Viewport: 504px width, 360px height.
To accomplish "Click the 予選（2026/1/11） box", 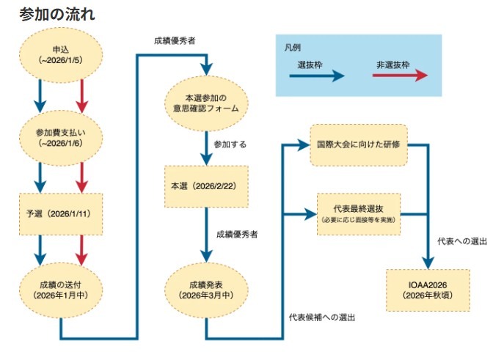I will coord(62,214).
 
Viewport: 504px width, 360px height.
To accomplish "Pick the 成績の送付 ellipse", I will coord(62,289).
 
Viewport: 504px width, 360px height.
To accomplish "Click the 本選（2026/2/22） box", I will coord(206,186).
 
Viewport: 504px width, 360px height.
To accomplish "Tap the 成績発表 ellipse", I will coord(206,289).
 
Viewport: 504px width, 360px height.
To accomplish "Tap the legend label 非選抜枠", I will coord(392,65).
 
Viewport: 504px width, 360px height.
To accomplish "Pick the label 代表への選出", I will coord(462,240).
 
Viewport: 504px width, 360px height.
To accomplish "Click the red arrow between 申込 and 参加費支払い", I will coord(82,95).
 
